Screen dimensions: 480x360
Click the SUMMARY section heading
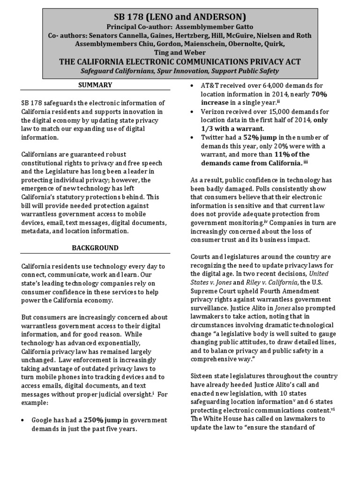pyautogui.click(x=95, y=85)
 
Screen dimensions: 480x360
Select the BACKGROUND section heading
pyautogui.click(x=95, y=247)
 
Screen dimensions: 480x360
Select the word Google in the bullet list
pyautogui.click(x=42, y=420)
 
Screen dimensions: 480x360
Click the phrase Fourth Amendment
pyautogui.click(x=289, y=291)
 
